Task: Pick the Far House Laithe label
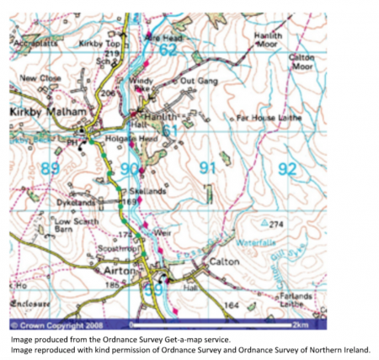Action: [267, 117]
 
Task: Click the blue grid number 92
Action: [287, 169]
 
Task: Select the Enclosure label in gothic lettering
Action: [34, 300]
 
